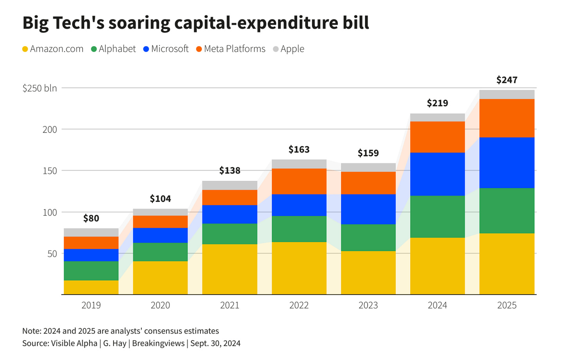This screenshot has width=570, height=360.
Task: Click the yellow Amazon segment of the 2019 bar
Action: [x=91, y=287]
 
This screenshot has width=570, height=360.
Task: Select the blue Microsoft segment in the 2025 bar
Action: [x=507, y=163]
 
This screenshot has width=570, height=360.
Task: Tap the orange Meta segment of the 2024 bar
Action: [x=437, y=137]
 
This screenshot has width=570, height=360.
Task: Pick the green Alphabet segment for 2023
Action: [x=368, y=238]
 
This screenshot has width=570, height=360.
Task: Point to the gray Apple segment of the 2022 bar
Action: [x=299, y=164]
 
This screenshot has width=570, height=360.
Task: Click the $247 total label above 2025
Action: [x=507, y=80]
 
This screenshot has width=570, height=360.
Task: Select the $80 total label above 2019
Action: [x=91, y=218]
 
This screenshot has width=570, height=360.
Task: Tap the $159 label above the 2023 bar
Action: [x=368, y=153]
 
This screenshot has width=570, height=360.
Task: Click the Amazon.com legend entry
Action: [x=53, y=49]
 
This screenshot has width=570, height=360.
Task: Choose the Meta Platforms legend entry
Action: [x=231, y=49]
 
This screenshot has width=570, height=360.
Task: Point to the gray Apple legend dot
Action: [x=276, y=49]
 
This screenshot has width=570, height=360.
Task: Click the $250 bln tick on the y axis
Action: [x=40, y=88]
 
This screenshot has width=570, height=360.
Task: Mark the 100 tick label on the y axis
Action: [x=50, y=212]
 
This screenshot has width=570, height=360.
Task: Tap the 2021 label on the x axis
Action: [x=229, y=305]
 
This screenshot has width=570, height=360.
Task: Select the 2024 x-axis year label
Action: [x=437, y=305]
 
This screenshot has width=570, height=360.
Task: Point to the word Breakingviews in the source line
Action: [x=158, y=343]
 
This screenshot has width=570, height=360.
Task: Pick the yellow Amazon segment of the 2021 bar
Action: [x=229, y=269]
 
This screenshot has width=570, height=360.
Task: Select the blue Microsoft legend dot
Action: [x=146, y=49]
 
